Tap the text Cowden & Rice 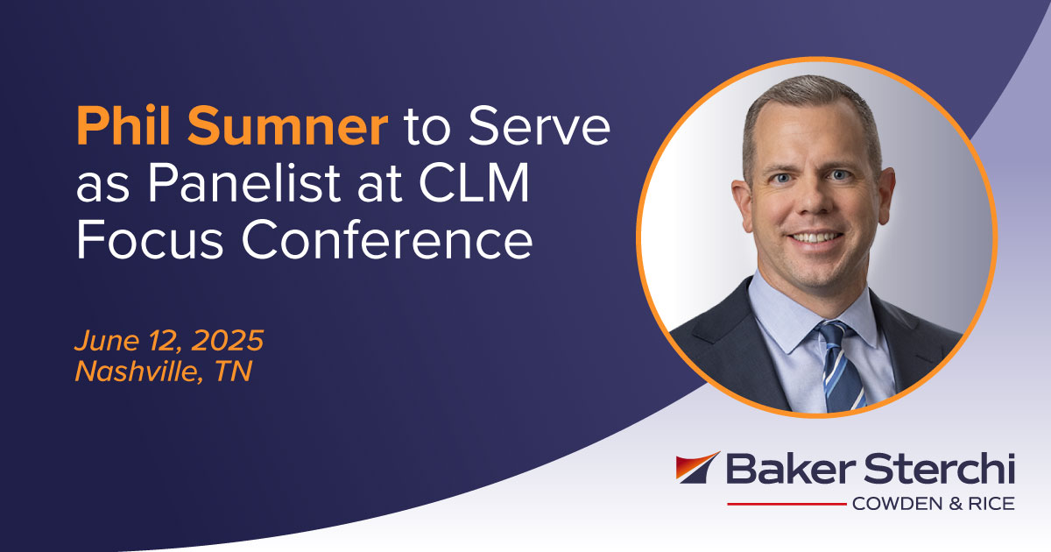pos(932,504)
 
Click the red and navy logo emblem pos(697,468)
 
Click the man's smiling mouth pos(815,237)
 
